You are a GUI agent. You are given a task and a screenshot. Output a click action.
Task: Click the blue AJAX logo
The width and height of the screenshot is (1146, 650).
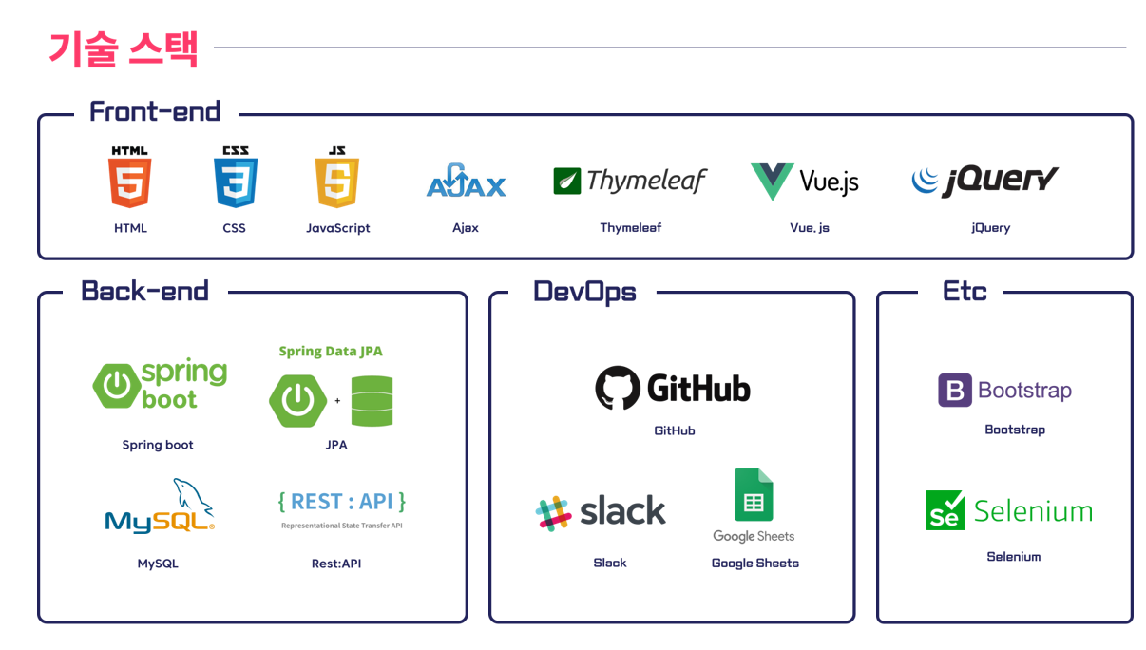(466, 182)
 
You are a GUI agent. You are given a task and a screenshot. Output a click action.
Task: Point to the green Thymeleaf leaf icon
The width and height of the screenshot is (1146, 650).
(567, 181)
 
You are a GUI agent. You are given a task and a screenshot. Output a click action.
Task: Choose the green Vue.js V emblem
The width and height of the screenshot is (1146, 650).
(772, 181)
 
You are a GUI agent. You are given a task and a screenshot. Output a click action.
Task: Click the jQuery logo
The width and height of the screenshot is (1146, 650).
(984, 180)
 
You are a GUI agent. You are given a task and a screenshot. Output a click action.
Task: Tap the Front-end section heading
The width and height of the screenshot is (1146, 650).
(155, 111)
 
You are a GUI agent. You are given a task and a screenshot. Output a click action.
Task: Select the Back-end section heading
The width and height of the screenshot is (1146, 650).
(144, 291)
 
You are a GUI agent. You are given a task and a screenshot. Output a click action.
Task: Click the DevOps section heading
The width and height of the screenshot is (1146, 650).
(584, 291)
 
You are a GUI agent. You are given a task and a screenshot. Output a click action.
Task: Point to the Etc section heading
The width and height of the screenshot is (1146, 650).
(965, 291)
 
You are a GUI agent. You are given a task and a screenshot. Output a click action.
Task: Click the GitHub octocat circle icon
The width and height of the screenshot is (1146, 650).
(618, 388)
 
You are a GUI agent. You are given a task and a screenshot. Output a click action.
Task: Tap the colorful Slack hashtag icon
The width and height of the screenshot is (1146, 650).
(552, 513)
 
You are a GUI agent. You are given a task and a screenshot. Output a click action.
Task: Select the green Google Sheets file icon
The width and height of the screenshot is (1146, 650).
(754, 495)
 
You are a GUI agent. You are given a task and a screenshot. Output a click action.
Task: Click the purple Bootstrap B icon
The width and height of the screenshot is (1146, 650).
(955, 391)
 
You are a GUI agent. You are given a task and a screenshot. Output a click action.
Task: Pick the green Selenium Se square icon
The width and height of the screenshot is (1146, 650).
(945, 510)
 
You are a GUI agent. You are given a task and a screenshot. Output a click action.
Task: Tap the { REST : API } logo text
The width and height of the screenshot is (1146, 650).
(342, 502)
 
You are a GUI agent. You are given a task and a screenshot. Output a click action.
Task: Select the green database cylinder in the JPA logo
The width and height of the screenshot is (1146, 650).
(372, 400)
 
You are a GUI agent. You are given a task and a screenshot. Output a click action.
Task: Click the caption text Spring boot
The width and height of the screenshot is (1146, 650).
(158, 445)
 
